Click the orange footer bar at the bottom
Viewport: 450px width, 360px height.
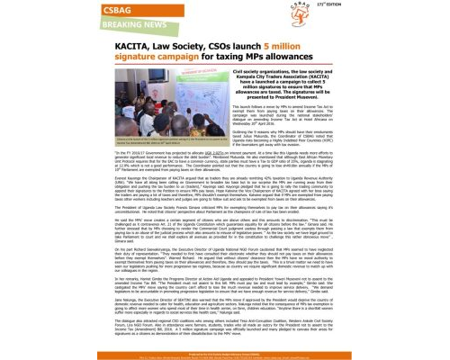(x=224, y=354)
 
